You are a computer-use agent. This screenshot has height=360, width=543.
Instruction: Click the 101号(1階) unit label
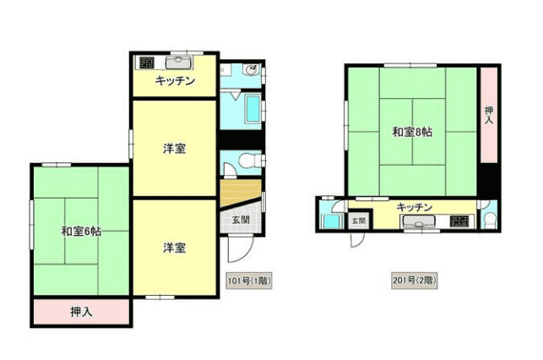click(249, 281)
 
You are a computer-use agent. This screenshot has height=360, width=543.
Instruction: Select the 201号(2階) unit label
click(414, 281)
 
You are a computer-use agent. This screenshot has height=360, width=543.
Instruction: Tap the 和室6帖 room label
click(81, 231)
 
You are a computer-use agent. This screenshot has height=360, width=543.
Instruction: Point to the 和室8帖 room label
click(412, 132)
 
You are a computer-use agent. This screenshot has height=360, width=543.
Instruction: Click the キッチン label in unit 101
click(175, 81)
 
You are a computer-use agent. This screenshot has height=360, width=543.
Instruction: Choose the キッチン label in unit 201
click(414, 207)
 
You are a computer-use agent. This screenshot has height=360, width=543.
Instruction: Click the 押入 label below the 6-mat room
click(81, 312)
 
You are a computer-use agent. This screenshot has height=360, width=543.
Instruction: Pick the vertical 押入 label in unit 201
click(489, 115)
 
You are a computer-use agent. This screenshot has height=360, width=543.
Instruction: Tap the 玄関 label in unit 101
click(241, 220)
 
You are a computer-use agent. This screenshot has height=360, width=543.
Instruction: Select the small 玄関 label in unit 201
click(358, 221)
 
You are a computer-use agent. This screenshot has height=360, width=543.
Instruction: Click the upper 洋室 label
click(175, 149)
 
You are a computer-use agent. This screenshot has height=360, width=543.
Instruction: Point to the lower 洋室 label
click(175, 248)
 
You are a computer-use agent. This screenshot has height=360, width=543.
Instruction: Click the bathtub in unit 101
click(252, 109)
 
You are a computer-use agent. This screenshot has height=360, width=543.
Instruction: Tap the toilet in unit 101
click(248, 161)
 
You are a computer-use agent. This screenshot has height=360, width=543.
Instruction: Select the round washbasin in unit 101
click(251, 70)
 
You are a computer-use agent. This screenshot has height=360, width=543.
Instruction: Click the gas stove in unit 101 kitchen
click(146, 63)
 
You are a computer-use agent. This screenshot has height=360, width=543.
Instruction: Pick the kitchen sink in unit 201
click(418, 221)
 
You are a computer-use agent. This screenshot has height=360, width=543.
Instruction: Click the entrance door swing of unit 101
click(241, 248)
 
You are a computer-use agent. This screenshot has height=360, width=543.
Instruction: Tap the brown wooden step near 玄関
click(240, 193)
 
